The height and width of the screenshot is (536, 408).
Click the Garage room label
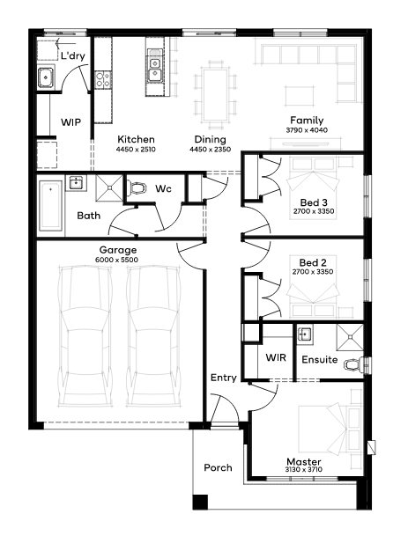(118, 250)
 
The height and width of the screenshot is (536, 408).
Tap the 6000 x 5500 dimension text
(116, 260)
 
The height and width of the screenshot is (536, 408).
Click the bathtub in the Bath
(50, 206)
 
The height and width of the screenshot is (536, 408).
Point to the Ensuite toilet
(354, 364)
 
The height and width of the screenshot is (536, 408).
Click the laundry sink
(45, 77)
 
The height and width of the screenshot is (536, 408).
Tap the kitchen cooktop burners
(103, 79)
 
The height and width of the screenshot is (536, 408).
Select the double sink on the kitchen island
(155, 68)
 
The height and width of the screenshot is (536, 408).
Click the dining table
(216, 95)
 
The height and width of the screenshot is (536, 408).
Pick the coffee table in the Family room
(300, 97)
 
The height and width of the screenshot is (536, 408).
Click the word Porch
(218, 467)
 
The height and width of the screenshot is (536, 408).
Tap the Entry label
(224, 378)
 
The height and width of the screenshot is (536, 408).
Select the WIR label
(276, 357)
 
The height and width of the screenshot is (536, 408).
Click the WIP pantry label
(70, 122)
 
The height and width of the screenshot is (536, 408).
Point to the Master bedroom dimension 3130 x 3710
(304, 470)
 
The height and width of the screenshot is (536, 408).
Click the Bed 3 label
(314, 202)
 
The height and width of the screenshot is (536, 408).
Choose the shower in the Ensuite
(350, 337)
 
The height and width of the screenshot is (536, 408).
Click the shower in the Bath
(109, 187)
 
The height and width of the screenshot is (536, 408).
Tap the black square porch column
(200, 502)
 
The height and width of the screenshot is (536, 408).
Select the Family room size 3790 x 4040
(307, 130)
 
